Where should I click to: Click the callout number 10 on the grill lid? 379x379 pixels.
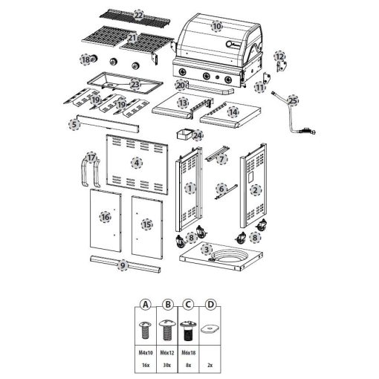coord(216,26)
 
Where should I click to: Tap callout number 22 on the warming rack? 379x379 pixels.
coord(138,15)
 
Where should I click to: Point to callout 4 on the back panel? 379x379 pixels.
coord(137,162)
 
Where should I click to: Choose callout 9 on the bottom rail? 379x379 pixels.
coord(123,265)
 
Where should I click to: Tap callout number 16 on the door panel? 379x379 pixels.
coord(106,217)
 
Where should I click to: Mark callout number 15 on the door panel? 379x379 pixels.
coord(146,224)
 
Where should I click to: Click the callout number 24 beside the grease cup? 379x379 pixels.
coord(197,135)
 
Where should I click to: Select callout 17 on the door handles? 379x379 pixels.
coord(91,158)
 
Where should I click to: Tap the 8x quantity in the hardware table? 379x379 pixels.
coord(188,366)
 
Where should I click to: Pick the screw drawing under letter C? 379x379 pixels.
coord(188,329)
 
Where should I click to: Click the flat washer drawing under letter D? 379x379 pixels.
coord(210,328)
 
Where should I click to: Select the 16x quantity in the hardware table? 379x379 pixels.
coord(146,366)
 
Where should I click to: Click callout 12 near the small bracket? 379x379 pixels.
coord(279,56)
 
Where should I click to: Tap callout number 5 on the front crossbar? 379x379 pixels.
coord(74,125)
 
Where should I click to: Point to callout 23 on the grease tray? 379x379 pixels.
coord(135,84)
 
